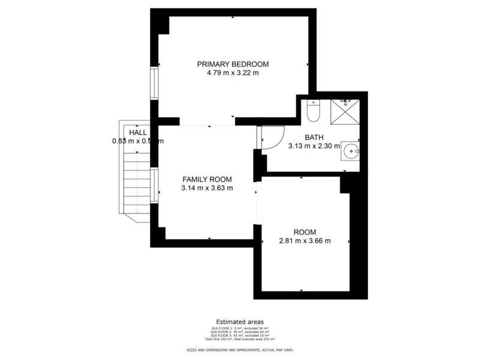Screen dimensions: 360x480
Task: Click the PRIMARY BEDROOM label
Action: tap(233, 64)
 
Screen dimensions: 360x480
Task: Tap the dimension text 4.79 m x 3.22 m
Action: tap(233, 73)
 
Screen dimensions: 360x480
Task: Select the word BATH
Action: tap(314, 137)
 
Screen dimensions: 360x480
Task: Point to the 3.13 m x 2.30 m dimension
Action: tap(314, 146)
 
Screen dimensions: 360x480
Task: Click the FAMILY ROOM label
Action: tap(207, 179)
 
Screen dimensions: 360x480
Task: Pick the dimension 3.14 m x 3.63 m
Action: tap(207, 188)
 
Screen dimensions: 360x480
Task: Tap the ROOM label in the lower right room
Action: tap(304, 232)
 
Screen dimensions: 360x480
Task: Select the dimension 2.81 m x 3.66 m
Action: tap(304, 241)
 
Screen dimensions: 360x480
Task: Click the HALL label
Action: tap(137, 132)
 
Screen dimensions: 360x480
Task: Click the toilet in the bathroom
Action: tap(313, 112)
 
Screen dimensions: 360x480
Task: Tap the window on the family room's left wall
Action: tap(154, 186)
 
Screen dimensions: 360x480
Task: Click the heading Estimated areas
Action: tap(239, 322)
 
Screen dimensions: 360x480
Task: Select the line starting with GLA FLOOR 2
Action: tap(239, 332)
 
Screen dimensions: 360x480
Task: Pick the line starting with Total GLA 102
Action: tap(239, 340)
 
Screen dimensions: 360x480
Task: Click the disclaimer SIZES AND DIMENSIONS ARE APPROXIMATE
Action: tap(239, 349)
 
